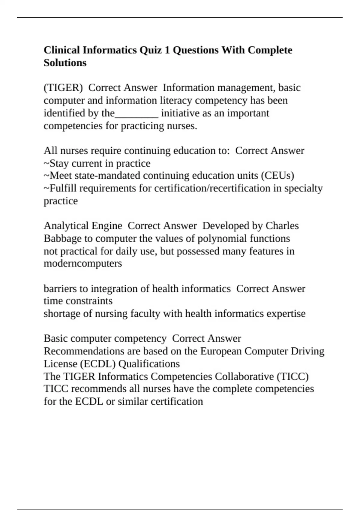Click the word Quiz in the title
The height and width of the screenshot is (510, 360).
(x=151, y=50)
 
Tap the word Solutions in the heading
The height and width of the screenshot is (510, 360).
(x=65, y=63)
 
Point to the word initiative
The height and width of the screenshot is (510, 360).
(x=179, y=113)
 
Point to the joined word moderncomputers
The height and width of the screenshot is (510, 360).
(x=83, y=263)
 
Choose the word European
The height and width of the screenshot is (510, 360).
(x=221, y=351)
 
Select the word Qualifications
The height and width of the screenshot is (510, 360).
(x=149, y=364)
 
